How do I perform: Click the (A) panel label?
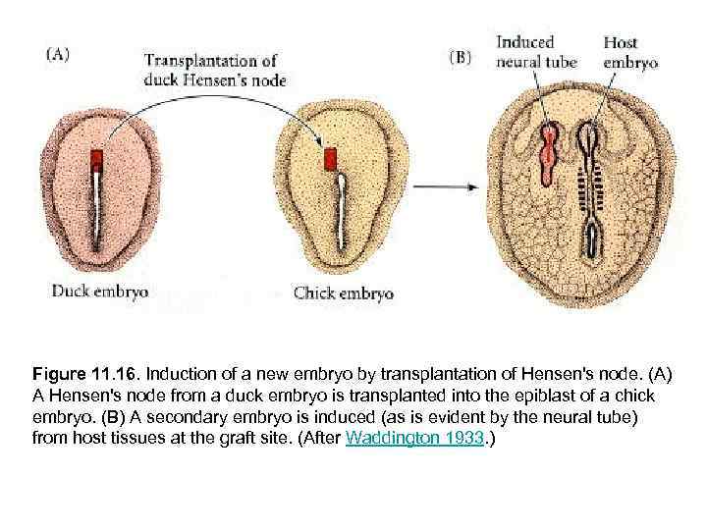tap(57, 55)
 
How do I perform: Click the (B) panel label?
tap(462, 56)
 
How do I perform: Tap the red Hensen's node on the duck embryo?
tap(97, 160)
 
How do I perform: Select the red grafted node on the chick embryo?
tap(331, 158)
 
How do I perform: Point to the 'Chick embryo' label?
tap(344, 292)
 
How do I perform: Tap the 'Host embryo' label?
tap(629, 51)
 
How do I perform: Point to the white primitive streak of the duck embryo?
tap(98, 211)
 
